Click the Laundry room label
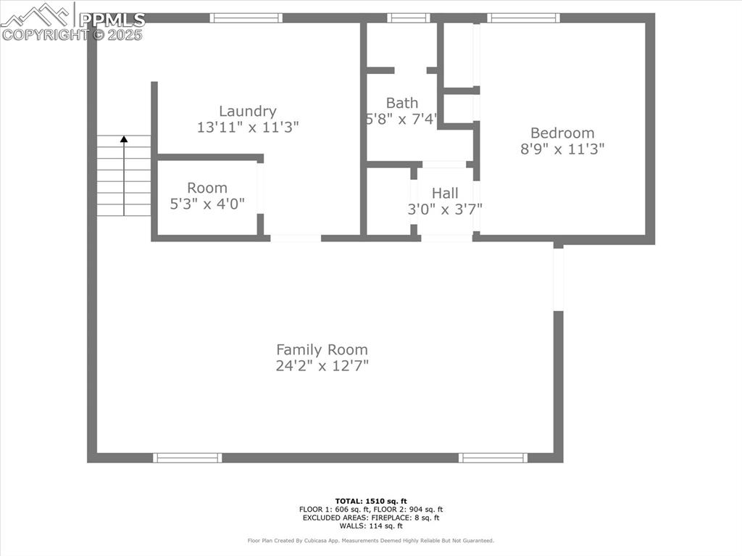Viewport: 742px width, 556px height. (x=248, y=111)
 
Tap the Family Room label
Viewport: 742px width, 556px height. (x=322, y=349)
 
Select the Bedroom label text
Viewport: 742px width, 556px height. (x=562, y=133)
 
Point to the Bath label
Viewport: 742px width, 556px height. (x=401, y=103)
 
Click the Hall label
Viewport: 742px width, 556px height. (x=445, y=193)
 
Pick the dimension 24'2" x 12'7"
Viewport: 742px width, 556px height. (x=322, y=366)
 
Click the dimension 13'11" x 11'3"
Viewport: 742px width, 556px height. (x=248, y=127)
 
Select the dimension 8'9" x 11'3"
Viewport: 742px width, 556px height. (x=562, y=149)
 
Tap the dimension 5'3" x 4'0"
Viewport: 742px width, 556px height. (x=207, y=204)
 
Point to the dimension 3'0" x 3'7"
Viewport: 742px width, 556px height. (x=445, y=209)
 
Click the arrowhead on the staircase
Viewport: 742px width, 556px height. (x=124, y=138)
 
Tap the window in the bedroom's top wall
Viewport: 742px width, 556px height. (x=523, y=18)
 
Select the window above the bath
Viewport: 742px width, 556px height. (x=409, y=18)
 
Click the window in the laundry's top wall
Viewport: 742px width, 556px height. (x=246, y=18)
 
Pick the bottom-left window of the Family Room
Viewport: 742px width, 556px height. (x=188, y=457)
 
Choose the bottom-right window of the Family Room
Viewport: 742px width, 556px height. (x=493, y=457)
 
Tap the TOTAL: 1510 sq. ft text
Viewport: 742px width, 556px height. (x=371, y=501)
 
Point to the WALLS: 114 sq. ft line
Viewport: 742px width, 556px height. (x=371, y=526)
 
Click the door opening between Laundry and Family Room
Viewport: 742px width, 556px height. (x=296, y=238)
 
